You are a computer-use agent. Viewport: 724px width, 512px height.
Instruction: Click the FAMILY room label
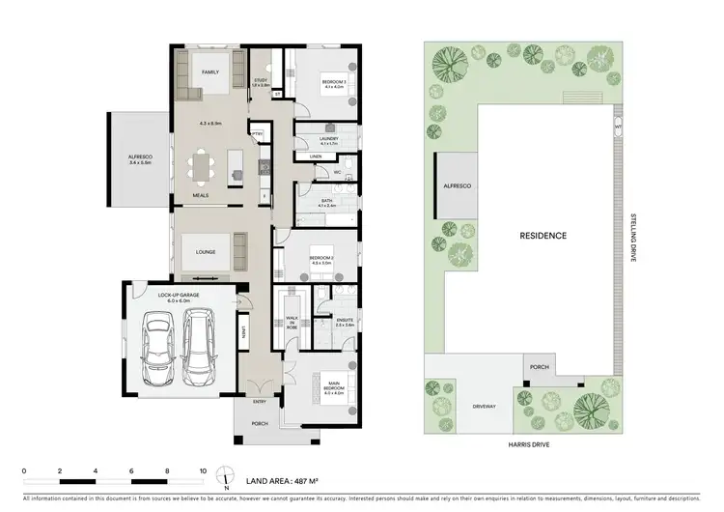(x=210, y=72)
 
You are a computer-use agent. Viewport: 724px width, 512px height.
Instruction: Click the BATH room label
(x=326, y=201)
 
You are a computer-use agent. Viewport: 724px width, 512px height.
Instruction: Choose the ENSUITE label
(x=345, y=320)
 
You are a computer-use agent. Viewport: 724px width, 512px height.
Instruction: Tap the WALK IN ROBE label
(x=292, y=323)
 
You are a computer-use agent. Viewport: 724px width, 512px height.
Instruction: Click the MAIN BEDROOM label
(x=333, y=387)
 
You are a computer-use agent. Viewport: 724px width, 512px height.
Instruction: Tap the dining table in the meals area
(x=202, y=167)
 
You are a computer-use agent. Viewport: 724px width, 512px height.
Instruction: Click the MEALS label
(x=201, y=195)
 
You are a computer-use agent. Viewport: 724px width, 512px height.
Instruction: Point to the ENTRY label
(x=260, y=402)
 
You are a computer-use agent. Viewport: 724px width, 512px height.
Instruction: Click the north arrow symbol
(x=225, y=475)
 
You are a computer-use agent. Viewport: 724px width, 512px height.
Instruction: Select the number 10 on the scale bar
(x=203, y=470)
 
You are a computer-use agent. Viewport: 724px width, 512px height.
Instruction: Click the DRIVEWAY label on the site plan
(x=483, y=407)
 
